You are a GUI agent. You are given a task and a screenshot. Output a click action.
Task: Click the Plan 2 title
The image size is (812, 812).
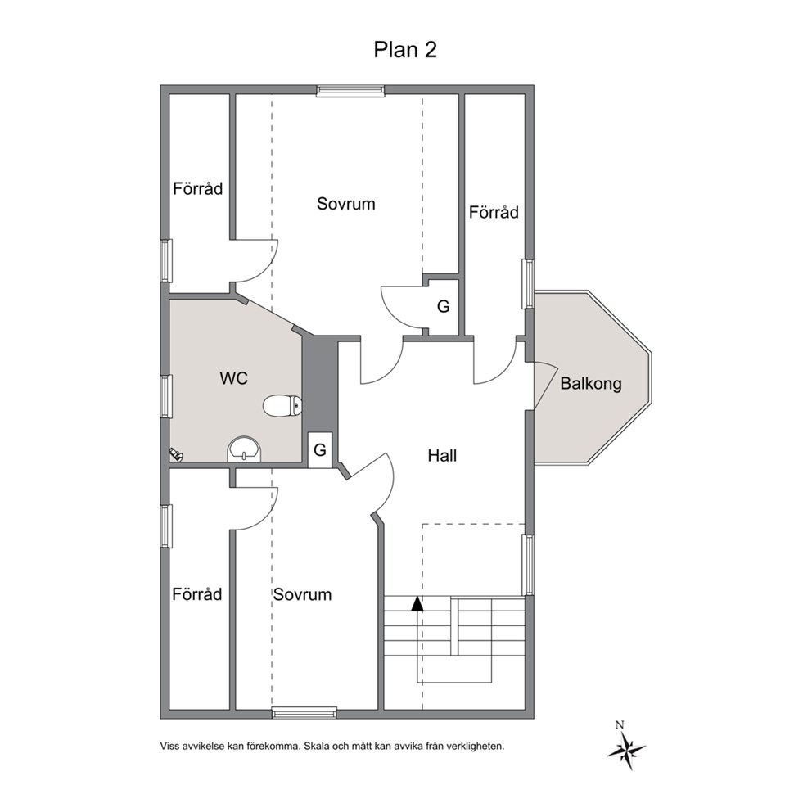(405, 50)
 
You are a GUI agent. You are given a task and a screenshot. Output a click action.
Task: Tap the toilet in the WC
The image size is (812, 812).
(282, 405)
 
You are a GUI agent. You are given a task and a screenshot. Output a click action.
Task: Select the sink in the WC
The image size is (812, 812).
(245, 449)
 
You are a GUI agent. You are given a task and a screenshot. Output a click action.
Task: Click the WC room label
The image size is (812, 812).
(233, 378)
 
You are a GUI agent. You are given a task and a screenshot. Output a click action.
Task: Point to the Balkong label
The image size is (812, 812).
(591, 384)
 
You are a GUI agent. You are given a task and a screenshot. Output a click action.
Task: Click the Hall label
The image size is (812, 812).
(442, 456)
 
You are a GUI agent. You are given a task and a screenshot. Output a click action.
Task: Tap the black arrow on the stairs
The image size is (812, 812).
(417, 604)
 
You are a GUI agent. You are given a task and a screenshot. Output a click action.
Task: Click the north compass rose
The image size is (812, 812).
(626, 747)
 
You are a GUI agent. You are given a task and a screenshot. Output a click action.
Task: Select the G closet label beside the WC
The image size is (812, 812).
(320, 450)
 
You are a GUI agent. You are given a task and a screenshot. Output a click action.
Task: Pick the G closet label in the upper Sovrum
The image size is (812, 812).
(444, 307)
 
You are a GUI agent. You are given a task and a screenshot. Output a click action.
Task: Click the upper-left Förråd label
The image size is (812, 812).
(197, 188)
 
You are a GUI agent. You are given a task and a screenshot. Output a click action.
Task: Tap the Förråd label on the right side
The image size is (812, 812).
(494, 212)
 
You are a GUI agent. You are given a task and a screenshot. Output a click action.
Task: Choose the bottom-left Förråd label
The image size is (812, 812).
(196, 594)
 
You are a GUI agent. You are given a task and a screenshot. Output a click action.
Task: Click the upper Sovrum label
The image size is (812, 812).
(346, 204)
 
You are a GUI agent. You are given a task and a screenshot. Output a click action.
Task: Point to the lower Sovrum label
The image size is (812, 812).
(302, 594)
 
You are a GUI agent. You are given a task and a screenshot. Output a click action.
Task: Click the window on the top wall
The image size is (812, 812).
(350, 91)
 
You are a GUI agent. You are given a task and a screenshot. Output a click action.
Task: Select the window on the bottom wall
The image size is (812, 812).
(304, 713)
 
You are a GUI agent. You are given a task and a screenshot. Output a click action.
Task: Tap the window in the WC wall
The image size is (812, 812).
(165, 396)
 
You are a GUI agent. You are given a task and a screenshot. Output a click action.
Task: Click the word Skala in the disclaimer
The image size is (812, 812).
(316, 747)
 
